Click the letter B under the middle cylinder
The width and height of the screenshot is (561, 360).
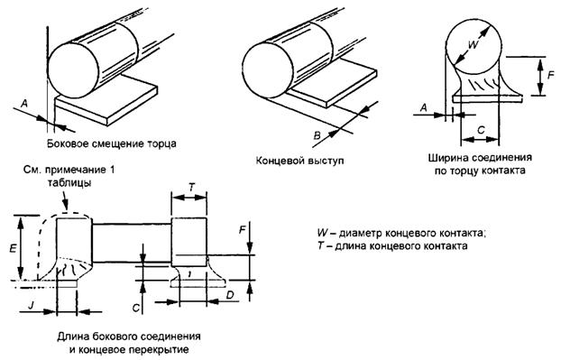[317, 135]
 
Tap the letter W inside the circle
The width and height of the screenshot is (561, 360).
[473, 45]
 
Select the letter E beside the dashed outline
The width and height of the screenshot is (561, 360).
[13, 248]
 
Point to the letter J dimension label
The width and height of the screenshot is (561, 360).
[32, 305]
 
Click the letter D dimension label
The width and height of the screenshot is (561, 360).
[231, 295]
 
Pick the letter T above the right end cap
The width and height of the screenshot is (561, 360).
[192, 187]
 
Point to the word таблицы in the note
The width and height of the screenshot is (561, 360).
[69, 183]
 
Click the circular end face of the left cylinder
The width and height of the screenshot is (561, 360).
[73, 70]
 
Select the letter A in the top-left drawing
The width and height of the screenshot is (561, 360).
[24, 104]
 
